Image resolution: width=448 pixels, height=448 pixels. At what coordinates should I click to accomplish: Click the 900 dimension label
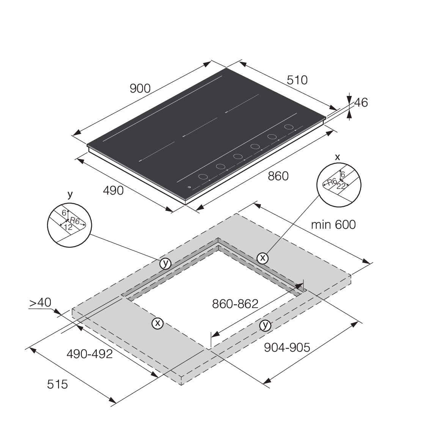[x=140, y=88]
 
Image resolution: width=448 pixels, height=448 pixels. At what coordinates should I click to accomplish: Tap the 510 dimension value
[x=297, y=80]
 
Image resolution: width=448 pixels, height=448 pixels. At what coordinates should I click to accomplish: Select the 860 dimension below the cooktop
[x=278, y=176]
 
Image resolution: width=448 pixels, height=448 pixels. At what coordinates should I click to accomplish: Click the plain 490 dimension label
[x=113, y=190]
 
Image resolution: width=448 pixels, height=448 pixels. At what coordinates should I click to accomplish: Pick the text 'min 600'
[x=333, y=225]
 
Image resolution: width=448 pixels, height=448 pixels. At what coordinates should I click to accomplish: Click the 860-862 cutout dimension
[x=235, y=303]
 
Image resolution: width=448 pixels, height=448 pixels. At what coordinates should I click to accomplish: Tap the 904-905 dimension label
[x=287, y=347]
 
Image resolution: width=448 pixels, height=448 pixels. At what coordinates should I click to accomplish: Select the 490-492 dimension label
[x=90, y=354]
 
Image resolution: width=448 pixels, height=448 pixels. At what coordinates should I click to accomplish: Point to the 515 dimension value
[x=57, y=384]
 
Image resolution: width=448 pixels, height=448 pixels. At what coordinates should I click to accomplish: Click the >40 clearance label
[x=40, y=303]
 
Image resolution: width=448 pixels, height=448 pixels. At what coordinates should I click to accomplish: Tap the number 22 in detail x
[x=340, y=186]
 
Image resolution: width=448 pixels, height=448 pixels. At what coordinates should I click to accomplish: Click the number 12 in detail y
[x=68, y=227]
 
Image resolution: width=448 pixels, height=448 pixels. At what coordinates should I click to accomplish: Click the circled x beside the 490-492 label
[x=157, y=323]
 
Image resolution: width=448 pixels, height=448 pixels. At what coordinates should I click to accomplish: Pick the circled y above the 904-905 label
[x=266, y=325]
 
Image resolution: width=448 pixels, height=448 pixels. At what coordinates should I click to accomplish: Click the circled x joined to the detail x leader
[x=262, y=258]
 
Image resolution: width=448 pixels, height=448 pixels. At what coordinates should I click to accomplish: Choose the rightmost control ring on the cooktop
[x=289, y=127]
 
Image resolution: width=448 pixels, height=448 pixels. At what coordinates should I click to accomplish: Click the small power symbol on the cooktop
[x=189, y=187]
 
